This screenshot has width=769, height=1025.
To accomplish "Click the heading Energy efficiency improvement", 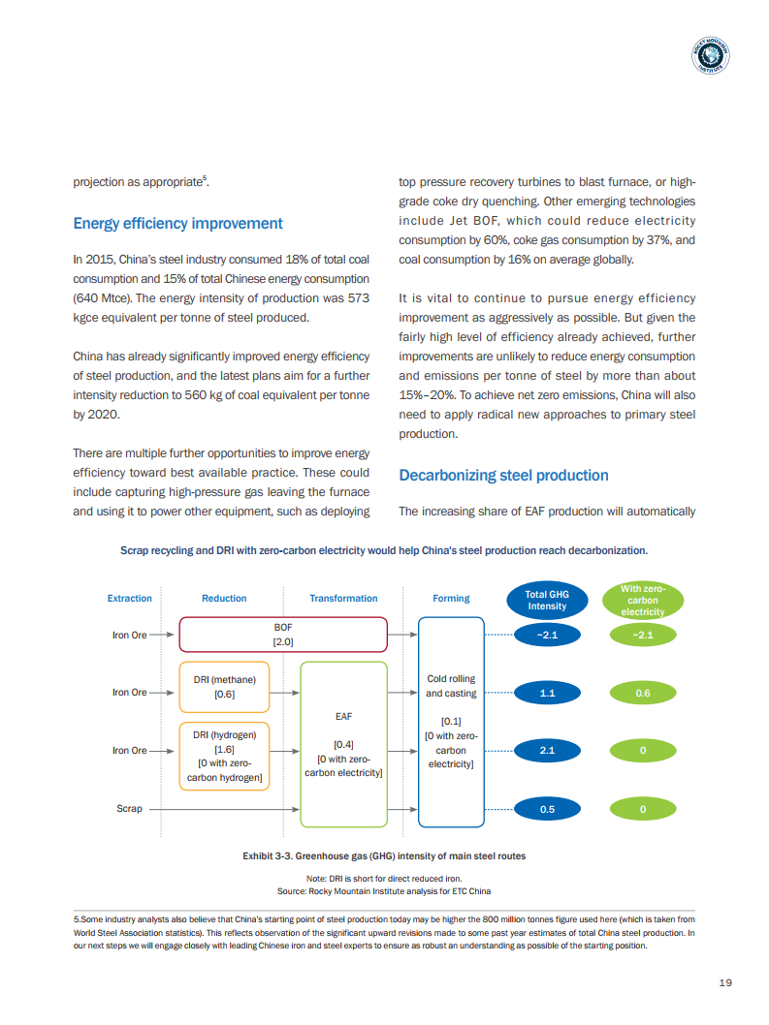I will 177,224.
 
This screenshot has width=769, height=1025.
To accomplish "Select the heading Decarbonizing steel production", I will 503,475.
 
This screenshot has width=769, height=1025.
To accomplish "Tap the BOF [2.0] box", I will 283,635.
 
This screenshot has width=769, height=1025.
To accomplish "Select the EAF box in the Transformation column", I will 343,744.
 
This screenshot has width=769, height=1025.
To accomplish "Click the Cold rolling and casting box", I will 451,721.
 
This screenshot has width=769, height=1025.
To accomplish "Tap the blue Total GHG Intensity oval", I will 547,600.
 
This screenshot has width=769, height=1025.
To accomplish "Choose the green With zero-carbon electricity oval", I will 642,600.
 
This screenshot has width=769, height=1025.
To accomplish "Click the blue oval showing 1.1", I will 547,693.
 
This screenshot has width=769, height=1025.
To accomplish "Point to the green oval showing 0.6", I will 642,693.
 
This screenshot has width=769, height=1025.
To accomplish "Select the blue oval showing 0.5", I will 547,809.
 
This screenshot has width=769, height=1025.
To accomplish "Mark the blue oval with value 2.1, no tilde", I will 547,750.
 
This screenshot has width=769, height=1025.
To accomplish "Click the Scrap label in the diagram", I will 129,809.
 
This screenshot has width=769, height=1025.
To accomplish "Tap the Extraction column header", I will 129,599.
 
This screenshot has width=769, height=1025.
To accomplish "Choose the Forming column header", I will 451,599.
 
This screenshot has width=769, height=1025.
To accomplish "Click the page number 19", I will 725,982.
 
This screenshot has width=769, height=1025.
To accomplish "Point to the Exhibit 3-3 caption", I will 384,856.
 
